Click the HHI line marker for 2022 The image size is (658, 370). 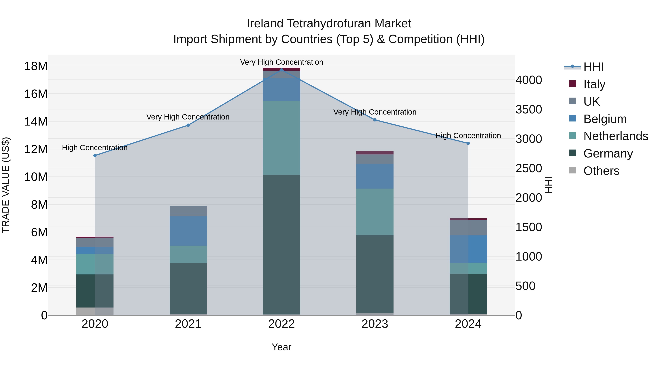[x=281, y=70]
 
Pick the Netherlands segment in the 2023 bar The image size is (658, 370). [x=375, y=212]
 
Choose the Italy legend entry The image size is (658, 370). [x=594, y=84]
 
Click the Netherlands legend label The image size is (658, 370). [x=616, y=136]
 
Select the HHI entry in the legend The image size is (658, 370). [x=593, y=67]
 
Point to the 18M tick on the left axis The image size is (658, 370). [x=36, y=66]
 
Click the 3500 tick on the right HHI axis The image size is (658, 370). [x=528, y=110]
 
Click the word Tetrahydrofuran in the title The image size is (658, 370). [x=329, y=24]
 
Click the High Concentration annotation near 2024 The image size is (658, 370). [x=468, y=136]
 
